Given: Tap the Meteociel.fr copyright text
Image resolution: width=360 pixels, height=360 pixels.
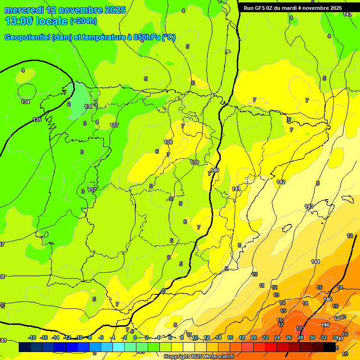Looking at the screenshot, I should (x=199, y=357).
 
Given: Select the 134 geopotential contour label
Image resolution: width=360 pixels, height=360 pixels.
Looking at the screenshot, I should (x=25, y=102).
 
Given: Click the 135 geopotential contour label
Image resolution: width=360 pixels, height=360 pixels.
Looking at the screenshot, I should (x=37, y=120).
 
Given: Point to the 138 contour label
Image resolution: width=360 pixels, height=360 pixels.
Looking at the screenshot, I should (x=168, y=142).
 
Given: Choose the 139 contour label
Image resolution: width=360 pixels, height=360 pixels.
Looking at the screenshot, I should (x=195, y=162).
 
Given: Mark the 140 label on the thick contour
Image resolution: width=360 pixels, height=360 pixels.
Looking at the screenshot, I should (x=215, y=170).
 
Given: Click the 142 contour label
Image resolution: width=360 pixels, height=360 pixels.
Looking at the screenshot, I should (x=281, y=182).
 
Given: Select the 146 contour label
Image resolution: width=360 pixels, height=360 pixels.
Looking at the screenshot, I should (x=325, y=325).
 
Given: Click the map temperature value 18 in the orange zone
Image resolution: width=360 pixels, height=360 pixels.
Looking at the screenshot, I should (x=299, y=329).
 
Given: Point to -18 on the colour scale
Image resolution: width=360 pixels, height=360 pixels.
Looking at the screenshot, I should (x=32, y=337).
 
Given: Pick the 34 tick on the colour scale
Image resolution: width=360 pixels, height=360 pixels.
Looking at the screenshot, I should (x=335, y=337).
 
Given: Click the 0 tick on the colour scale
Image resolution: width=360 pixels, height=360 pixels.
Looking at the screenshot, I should (x=135, y=337).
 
